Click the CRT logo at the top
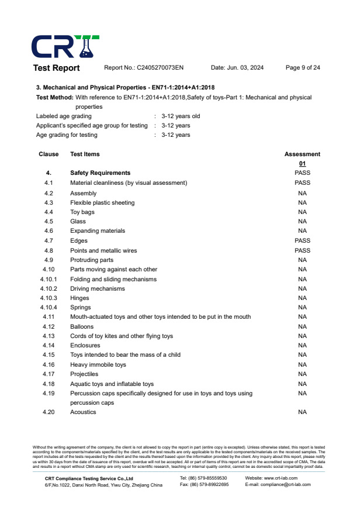point(65,46)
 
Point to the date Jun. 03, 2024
point(237,68)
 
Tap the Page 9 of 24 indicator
point(302,68)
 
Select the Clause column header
point(49,154)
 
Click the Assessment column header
point(302,154)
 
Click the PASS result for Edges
point(302,240)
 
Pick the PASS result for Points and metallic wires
point(302,250)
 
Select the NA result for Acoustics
point(302,412)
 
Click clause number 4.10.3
point(49,298)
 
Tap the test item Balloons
point(82,326)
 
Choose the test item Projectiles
point(84,374)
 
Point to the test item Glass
point(78,222)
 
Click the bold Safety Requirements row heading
point(100,173)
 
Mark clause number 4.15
point(49,354)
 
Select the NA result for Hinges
point(302,298)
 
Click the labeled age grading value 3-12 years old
point(181,116)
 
